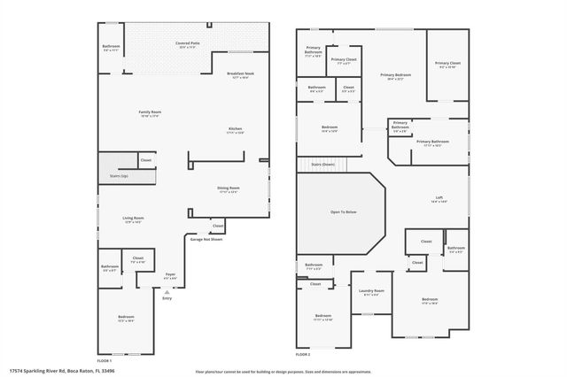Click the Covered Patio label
(x=187, y=42)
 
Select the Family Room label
(x=150, y=113)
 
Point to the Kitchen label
(x=236, y=130)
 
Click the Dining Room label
(x=229, y=188)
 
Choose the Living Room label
(x=133, y=219)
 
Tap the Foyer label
(x=171, y=275)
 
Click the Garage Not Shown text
(x=206, y=239)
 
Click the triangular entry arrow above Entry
(x=167, y=290)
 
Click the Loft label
(x=439, y=198)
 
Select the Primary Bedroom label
(x=395, y=76)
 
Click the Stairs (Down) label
(x=322, y=164)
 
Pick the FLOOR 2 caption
(x=304, y=354)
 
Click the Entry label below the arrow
(x=167, y=298)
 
